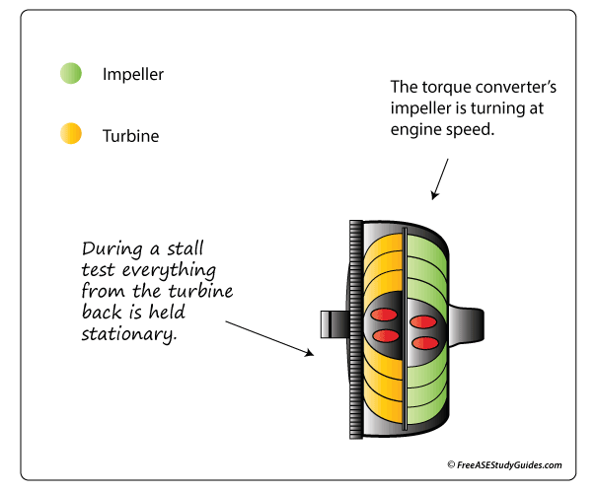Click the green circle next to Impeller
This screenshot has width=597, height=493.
70,74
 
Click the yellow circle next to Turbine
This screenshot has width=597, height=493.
70,134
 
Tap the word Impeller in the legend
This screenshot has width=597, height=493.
133,74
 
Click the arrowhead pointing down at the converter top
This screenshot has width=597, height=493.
430,196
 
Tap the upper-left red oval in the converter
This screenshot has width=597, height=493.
388,320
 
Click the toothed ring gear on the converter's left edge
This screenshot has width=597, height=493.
354,329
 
